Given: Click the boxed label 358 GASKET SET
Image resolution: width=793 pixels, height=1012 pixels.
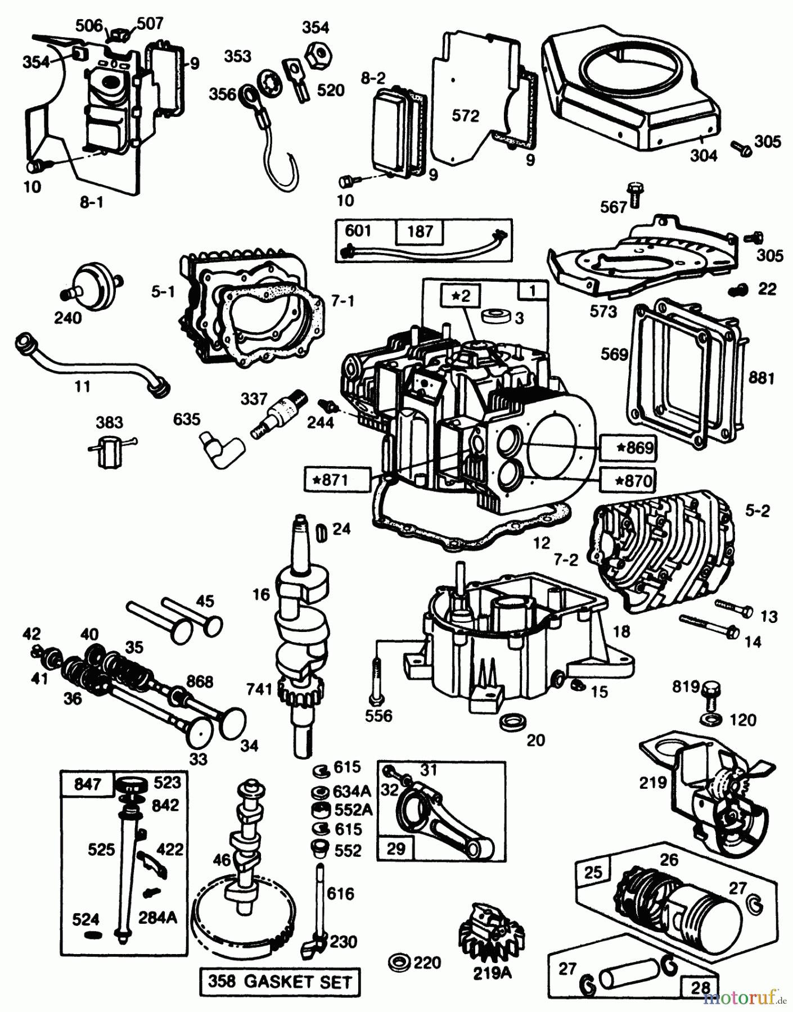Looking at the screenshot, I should tap(280, 982).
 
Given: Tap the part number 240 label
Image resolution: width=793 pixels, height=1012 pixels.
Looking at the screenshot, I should tap(67, 318).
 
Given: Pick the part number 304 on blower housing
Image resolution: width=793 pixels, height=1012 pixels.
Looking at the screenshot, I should tap(703, 155).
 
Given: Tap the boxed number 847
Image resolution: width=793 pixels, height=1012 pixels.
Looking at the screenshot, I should tap(87, 784).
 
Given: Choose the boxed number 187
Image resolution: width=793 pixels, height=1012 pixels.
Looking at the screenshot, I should tap(420, 231).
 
